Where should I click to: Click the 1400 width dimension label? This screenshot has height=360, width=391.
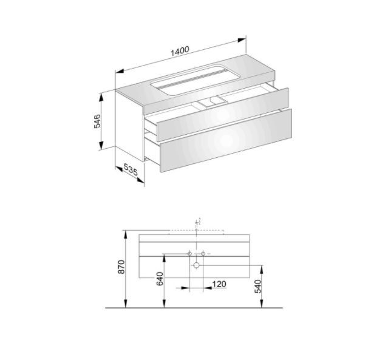[180, 51]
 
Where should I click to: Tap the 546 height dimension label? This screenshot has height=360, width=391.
[97, 121]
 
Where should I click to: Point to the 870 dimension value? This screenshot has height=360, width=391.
[121, 267]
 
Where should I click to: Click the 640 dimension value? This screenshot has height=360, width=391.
[160, 279]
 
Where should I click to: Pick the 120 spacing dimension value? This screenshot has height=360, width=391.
[219, 284]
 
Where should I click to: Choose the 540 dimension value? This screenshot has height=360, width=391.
[258, 286]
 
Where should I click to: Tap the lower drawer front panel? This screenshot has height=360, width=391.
[226, 140]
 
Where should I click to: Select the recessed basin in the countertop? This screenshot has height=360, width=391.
[195, 80]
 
